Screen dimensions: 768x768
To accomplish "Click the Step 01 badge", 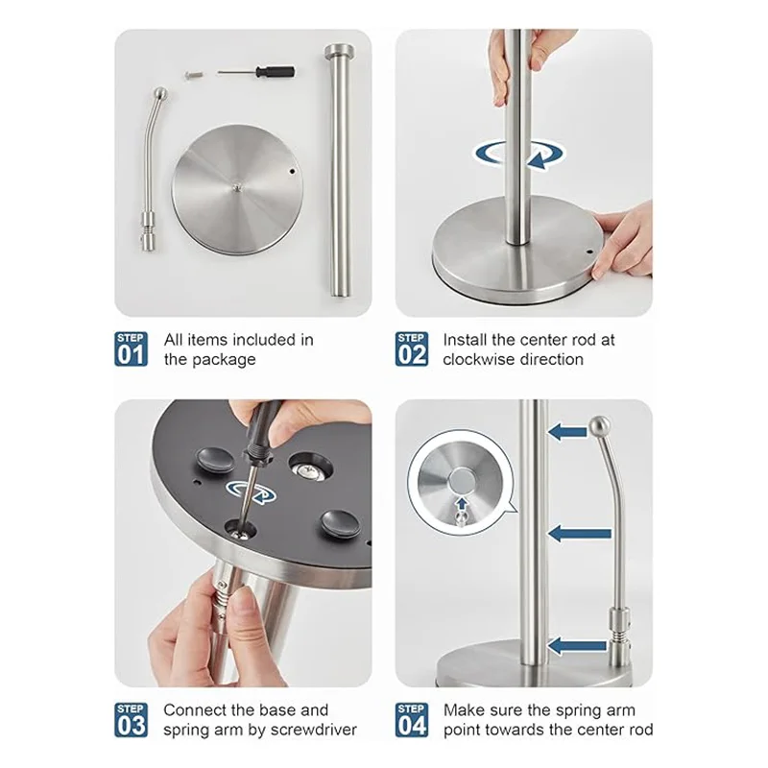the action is [x=131, y=348].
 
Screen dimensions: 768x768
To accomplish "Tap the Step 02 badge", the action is [x=412, y=348].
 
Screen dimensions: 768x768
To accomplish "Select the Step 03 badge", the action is [x=131, y=719].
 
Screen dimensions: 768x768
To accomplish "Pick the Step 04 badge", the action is [x=412, y=719].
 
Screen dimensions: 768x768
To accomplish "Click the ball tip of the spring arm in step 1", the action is [x=160, y=93].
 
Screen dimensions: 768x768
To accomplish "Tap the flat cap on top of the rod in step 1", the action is [x=341, y=50].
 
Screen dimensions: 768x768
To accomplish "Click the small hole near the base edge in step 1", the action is [x=293, y=172].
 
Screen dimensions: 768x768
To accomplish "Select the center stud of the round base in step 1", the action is [x=237, y=186].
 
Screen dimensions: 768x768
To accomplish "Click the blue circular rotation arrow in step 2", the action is [x=519, y=155].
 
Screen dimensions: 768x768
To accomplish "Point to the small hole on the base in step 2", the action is [x=589, y=252].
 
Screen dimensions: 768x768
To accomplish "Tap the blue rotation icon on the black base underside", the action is [x=251, y=492].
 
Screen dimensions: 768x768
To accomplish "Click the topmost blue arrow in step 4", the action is [x=567, y=432].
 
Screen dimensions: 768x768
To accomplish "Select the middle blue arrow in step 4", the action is [x=580, y=534].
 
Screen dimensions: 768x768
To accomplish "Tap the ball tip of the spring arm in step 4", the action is [x=599, y=425].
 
